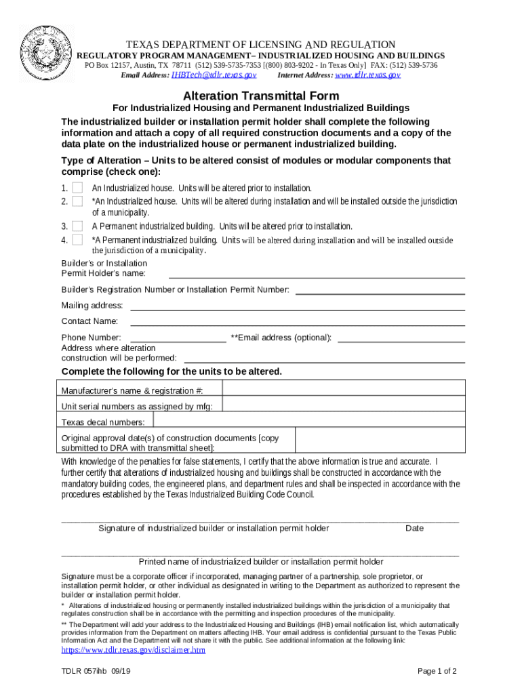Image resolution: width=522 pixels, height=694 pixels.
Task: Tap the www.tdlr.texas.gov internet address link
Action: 368,75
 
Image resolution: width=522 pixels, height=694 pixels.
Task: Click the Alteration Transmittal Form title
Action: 261,96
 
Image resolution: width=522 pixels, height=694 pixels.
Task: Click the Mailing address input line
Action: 297,306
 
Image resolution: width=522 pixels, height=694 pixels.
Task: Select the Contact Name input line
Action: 297,322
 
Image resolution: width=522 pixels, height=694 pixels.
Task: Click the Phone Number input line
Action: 178,338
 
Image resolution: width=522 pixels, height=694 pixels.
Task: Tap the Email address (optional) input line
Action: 401,338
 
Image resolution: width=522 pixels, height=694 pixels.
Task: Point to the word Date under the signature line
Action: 414,528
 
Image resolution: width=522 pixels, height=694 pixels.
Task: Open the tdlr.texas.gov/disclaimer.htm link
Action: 133,650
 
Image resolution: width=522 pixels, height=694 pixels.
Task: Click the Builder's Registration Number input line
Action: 380,291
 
